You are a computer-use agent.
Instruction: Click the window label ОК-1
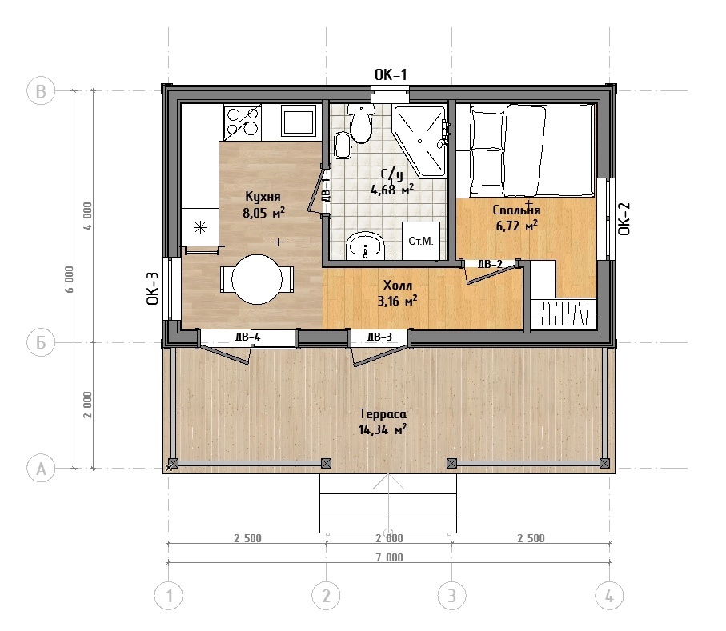391,74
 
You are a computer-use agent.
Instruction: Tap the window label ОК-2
624,219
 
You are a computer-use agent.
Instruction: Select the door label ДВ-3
379,337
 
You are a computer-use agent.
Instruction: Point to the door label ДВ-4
247,337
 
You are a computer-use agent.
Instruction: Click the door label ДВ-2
490,264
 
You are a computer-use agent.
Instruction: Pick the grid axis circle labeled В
41,90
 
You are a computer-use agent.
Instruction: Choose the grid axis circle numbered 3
452,596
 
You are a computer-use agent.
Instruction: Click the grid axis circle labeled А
41,469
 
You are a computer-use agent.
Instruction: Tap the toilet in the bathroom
360,123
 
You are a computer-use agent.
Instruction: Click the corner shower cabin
419,141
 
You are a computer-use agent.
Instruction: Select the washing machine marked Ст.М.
420,241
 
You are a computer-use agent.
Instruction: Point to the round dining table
256,279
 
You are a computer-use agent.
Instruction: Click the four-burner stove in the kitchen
243,122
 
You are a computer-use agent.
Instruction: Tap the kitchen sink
299,121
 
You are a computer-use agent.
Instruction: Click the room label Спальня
516,210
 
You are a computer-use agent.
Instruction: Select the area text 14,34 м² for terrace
383,429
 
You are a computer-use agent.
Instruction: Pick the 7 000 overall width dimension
389,557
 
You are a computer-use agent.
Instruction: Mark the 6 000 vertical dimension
69,279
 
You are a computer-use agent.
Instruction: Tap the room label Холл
397,285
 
